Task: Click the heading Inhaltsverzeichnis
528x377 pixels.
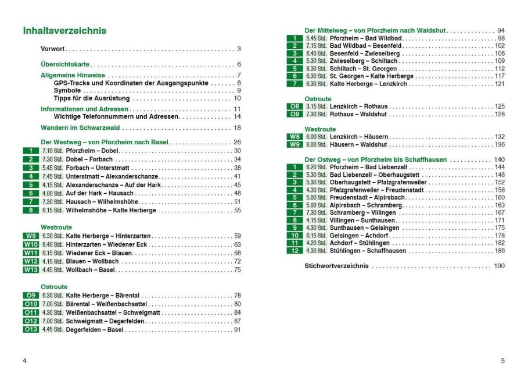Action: (x=64, y=31)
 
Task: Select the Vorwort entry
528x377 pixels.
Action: (x=52, y=49)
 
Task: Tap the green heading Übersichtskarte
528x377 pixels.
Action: (x=64, y=65)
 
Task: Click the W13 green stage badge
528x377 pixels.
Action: (x=31, y=270)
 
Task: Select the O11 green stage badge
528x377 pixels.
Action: (x=31, y=312)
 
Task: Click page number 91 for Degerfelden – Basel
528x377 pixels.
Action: (x=237, y=330)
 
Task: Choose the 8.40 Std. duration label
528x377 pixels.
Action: (x=52, y=244)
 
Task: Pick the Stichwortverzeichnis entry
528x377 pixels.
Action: (x=336, y=266)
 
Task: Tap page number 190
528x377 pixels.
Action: (x=500, y=266)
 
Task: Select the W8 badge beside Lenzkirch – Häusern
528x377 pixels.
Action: (x=294, y=137)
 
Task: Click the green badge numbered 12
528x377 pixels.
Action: (x=294, y=251)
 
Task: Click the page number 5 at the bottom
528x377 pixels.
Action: (x=503, y=361)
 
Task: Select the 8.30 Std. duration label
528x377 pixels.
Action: (x=316, y=69)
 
